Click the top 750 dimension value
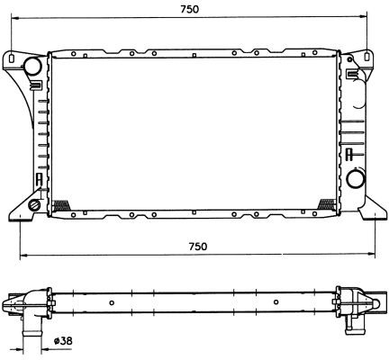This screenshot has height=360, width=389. [189, 9]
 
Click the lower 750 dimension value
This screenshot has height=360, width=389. [198, 247]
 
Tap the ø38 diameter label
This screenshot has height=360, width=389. [63, 341]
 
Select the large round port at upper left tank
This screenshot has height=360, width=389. [32, 66]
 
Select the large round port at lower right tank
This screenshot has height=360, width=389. [356, 179]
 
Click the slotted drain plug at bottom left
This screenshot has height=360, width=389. [33, 205]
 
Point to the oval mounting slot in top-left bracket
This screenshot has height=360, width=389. [11, 58]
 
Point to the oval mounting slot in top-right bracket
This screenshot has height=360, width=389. [367, 57]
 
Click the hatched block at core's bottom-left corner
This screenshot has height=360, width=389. [61, 205]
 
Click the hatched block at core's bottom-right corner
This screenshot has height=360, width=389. [326, 204]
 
